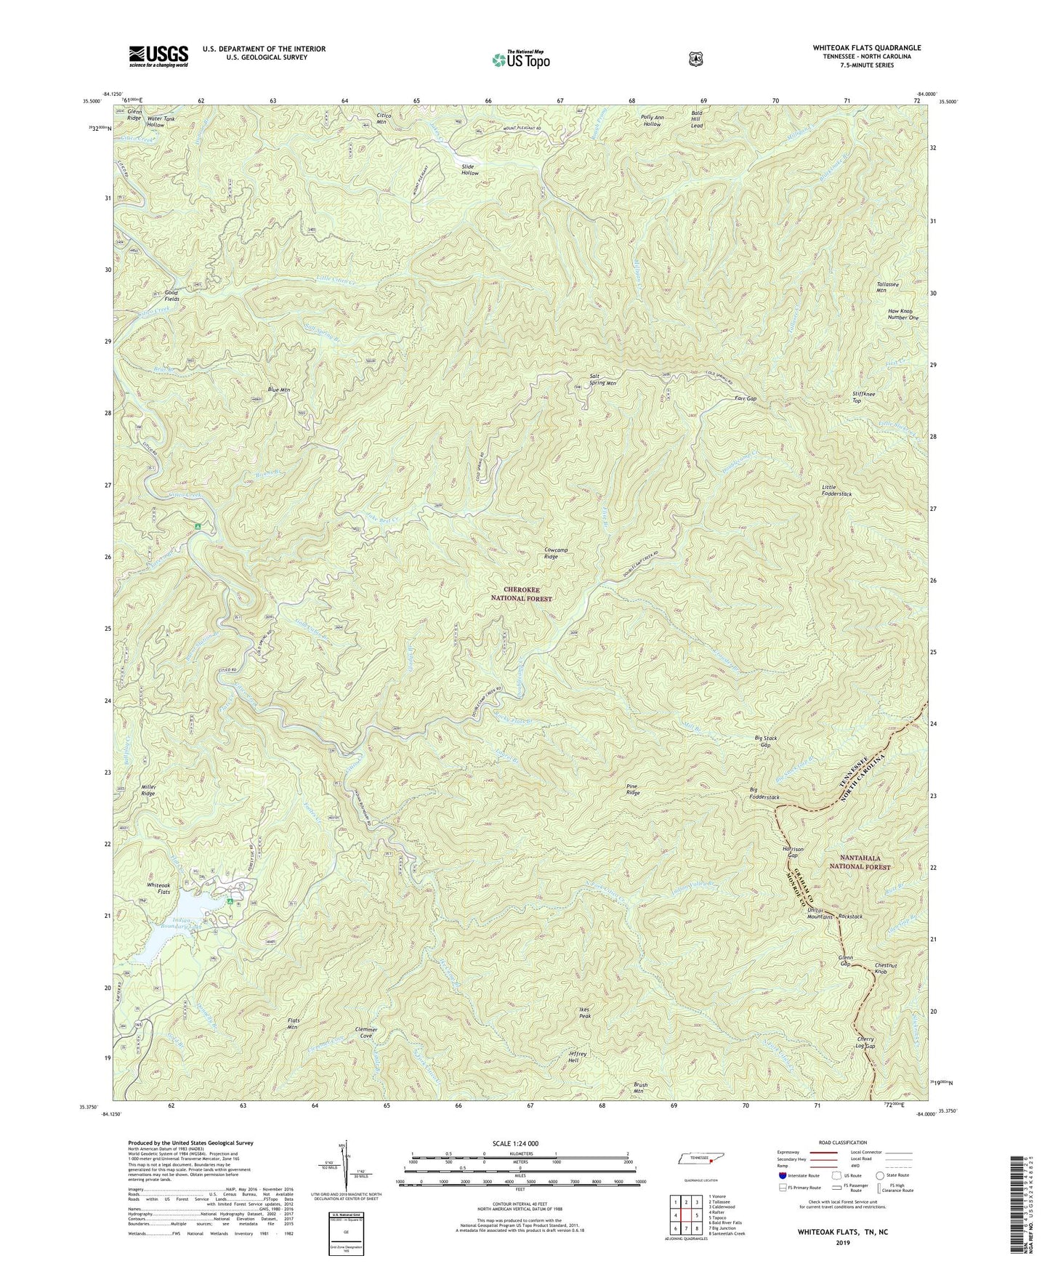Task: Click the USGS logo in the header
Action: [158, 56]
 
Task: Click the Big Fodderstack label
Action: [764, 794]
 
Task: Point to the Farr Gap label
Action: [746, 399]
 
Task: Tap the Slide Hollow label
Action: [469, 169]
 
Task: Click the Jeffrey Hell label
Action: [577, 1056]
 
